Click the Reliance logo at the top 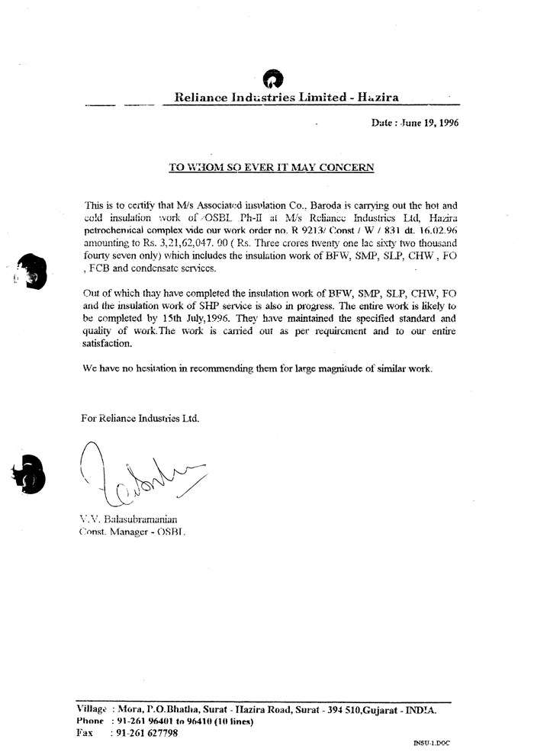tap(272, 79)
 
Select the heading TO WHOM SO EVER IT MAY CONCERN tap(271, 167)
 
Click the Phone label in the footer tap(90, 721)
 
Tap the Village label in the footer tap(92, 709)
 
